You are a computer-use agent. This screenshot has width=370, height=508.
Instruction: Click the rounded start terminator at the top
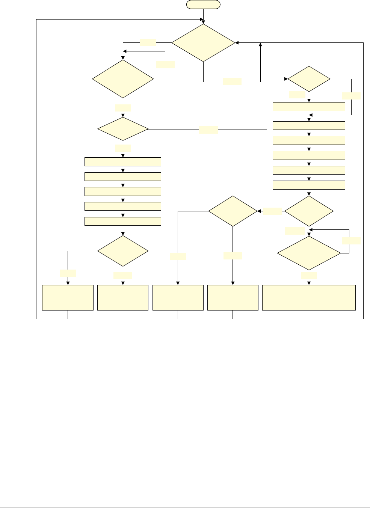203,5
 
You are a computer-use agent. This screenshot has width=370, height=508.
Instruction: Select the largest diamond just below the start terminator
203,43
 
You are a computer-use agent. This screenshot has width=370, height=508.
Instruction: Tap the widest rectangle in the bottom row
309,298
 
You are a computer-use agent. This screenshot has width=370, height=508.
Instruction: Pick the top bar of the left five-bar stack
123,162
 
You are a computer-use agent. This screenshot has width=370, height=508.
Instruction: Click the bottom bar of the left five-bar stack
123,221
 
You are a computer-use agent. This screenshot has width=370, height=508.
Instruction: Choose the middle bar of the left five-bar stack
123,191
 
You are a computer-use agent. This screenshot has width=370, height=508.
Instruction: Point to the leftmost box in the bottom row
68,298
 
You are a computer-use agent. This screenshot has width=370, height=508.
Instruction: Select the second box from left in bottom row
123,298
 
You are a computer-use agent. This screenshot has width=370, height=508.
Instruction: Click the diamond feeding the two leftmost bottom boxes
123,251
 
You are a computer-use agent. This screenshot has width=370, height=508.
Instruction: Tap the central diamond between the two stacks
233,211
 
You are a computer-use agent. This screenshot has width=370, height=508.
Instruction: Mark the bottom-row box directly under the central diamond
233,298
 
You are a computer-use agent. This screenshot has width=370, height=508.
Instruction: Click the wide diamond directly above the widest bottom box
309,253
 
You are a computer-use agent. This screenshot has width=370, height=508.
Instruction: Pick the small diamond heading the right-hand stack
309,79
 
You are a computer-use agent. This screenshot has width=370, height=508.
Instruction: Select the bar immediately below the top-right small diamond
309,107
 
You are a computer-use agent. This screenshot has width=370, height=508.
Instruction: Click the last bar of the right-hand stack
309,185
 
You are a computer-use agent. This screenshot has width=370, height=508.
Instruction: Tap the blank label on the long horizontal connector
208,130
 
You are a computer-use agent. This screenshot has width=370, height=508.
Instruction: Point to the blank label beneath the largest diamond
232,81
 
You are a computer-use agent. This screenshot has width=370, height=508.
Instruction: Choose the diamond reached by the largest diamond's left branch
123,79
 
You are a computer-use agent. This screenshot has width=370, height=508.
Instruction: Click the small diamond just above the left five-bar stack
123,129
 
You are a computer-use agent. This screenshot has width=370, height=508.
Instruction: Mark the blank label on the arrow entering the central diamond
272,211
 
